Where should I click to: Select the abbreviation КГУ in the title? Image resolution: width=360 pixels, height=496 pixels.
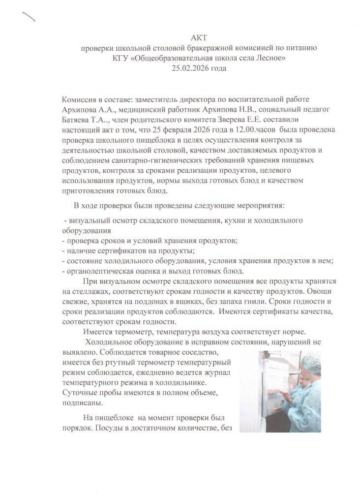(120, 59)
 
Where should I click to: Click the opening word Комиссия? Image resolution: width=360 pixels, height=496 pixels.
(79, 100)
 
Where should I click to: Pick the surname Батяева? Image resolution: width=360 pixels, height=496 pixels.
(78, 120)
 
